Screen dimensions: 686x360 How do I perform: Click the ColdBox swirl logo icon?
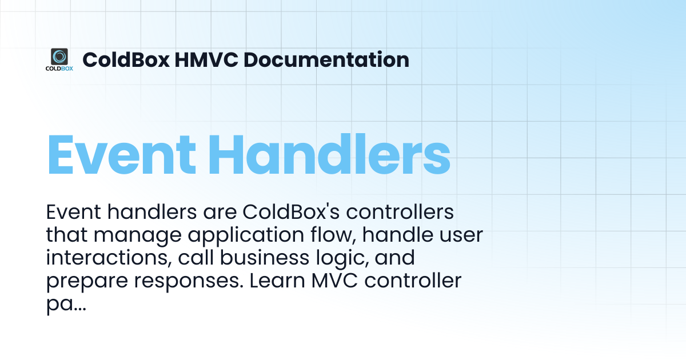coord(59,57)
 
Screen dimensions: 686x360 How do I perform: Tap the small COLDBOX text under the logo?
coord(59,69)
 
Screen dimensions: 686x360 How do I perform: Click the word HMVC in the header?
coord(206,59)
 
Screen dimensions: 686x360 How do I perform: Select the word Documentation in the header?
coord(326,59)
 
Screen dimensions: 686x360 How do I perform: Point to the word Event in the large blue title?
coord(122,155)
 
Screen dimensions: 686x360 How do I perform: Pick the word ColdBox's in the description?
coord(291,212)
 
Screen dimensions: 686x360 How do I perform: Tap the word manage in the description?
coord(138,236)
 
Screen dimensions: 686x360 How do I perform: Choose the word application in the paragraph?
coord(246,235)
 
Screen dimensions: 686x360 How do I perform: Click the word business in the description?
coord(265,258)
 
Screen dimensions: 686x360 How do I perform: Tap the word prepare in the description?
coord(87,282)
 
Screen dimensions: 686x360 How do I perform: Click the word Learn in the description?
coord(277,281)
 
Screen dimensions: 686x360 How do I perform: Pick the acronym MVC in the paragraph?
coord(334,281)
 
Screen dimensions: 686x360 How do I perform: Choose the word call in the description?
coord(196,258)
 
